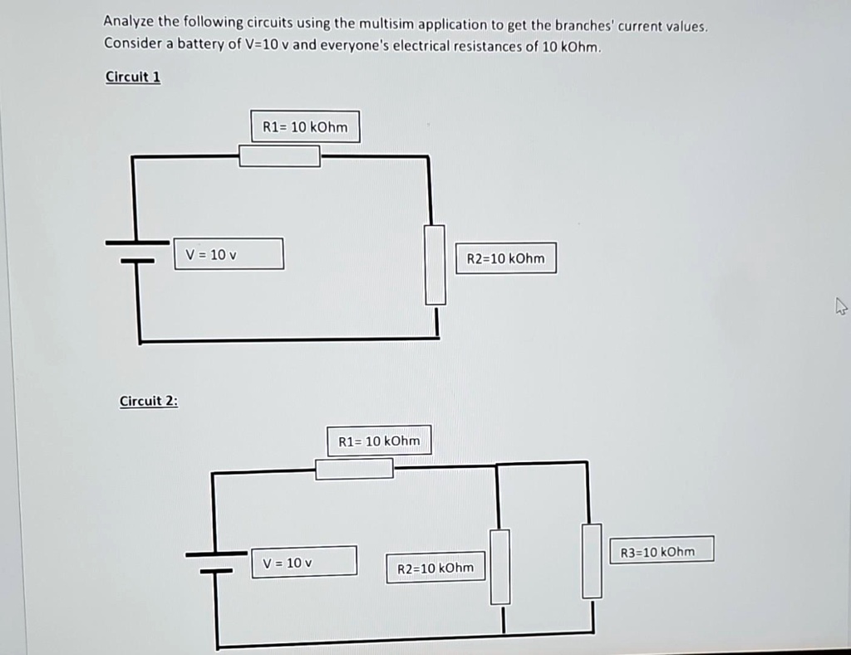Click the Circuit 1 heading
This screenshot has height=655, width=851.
(x=133, y=76)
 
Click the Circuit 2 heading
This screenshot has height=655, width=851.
(x=149, y=401)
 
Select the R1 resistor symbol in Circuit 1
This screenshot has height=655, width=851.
(x=279, y=156)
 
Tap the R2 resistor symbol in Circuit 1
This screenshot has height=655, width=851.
(x=435, y=265)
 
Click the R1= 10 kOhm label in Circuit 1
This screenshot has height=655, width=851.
(x=305, y=127)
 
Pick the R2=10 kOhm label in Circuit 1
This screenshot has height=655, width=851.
(x=506, y=259)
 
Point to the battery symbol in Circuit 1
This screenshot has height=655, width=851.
(x=137, y=251)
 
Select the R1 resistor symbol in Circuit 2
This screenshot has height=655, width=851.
(x=354, y=469)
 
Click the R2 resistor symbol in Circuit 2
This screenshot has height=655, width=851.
(x=499, y=567)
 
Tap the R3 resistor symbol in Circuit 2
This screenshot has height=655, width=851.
(x=592, y=560)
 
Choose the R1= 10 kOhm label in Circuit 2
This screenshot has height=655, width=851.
(x=379, y=441)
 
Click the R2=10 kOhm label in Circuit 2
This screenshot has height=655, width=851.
(x=435, y=569)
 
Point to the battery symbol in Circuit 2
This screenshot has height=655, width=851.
(x=216, y=562)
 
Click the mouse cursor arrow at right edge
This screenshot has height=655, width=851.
(x=840, y=308)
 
